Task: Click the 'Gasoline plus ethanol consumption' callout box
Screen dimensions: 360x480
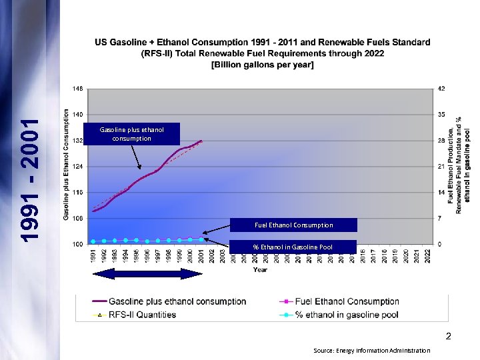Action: coord(131,134)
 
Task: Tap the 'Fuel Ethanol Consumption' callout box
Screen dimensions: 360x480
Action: coord(293,225)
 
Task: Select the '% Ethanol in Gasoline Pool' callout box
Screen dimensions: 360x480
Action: coord(293,247)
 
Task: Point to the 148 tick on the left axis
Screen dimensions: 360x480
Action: coord(78,88)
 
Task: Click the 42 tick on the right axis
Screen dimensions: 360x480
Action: coord(441,88)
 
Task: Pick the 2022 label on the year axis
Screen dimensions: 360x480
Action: coord(428,257)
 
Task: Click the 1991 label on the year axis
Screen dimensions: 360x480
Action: coord(93,257)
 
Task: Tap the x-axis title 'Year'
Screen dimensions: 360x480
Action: coord(261,270)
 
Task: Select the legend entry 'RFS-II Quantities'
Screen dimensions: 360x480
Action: coord(142,315)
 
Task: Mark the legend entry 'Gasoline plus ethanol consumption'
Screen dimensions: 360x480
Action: coord(177,301)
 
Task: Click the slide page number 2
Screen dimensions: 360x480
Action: coord(449,337)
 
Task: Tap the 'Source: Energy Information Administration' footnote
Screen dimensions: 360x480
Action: coord(371,350)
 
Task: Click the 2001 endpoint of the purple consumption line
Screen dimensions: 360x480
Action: coord(201,141)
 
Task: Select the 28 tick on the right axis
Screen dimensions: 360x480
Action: coord(441,141)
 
